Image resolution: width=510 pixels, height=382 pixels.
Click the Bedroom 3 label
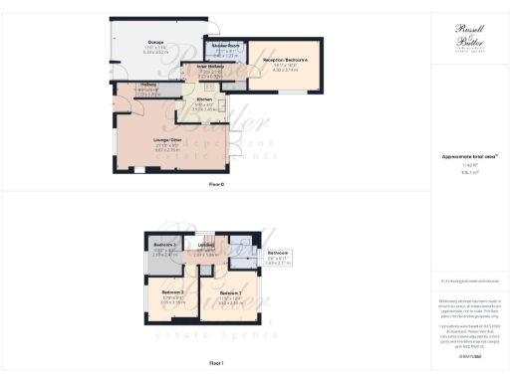tap(165, 244)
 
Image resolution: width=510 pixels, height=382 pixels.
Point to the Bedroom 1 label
tap(231, 292)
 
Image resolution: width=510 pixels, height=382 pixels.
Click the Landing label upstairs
tap(207, 245)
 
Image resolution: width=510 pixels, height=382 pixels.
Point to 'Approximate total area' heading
tap(467, 156)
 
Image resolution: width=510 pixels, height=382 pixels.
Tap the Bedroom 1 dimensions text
tap(231, 299)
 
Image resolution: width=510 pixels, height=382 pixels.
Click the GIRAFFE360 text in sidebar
tap(467, 355)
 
